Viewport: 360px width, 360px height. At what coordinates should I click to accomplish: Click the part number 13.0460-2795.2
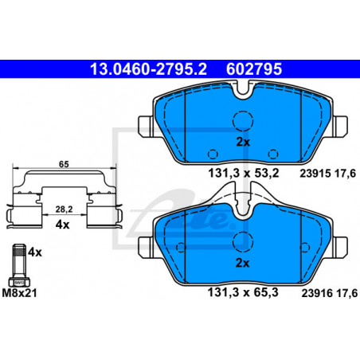[x=148, y=69]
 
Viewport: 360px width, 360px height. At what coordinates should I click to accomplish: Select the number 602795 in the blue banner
[x=254, y=69]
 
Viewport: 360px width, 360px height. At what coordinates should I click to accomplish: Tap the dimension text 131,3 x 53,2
[x=244, y=174]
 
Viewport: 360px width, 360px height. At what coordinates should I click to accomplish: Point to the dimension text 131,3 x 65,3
[x=243, y=292]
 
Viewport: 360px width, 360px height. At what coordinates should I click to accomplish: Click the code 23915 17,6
[x=327, y=174]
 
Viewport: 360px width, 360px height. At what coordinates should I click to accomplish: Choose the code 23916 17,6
[x=329, y=293]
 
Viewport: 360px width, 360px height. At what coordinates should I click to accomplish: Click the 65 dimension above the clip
[x=64, y=164]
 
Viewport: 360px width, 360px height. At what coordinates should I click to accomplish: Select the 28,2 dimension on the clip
[x=64, y=209]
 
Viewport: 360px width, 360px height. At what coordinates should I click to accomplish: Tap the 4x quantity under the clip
[x=62, y=225]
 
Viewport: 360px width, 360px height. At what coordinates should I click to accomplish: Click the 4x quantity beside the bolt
[x=35, y=252]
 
